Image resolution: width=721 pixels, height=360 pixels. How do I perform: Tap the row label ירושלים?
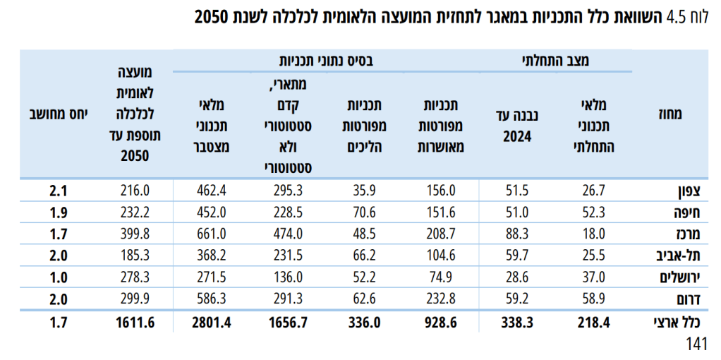click(x=680, y=277)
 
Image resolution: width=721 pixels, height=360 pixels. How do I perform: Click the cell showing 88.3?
click(x=517, y=234)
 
